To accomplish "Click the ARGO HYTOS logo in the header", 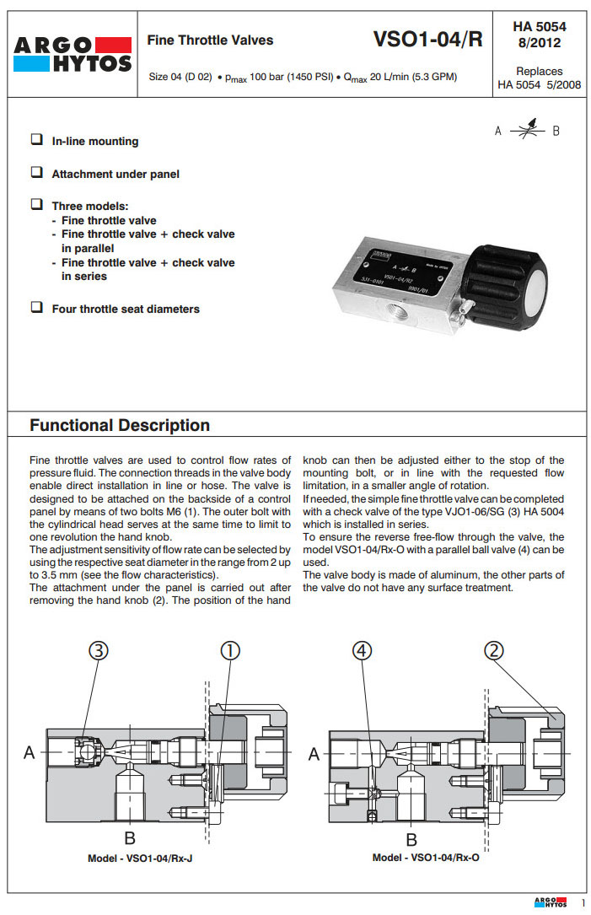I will [73, 54].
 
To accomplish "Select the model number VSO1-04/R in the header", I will [427, 39].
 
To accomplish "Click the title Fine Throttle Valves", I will [210, 40].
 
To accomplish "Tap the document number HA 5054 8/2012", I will [539, 34].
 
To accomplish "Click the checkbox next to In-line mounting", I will [37, 140].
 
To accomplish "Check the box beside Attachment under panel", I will [37, 173].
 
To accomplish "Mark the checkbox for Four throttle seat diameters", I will [37, 308].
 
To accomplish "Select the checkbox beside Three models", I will [37, 205].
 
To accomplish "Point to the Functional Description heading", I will [120, 425].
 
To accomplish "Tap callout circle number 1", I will [230, 651].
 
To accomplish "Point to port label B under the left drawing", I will [130, 837].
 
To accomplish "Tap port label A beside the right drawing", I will [314, 754].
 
